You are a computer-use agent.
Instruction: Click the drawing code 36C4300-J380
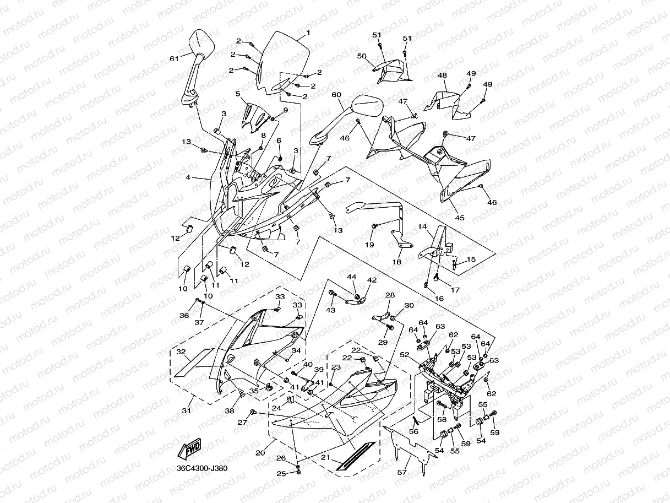tap(198, 468)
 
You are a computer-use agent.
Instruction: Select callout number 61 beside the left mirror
tap(174, 58)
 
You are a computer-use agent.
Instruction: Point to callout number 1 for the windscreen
tap(308, 33)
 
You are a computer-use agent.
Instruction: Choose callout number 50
tap(362, 56)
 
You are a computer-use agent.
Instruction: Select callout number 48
tap(442, 75)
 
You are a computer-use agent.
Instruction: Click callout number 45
tap(459, 218)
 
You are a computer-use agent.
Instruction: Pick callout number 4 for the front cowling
tap(188, 177)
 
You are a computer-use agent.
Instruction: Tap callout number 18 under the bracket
tap(396, 262)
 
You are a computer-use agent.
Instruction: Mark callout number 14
tap(422, 226)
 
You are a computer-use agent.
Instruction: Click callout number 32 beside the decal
tap(181, 351)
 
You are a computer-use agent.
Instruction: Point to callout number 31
tap(187, 410)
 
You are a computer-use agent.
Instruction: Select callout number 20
tap(260, 453)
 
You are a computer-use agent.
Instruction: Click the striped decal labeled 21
tap(357, 456)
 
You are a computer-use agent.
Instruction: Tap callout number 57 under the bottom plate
tap(402, 473)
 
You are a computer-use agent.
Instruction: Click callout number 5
tap(238, 94)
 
